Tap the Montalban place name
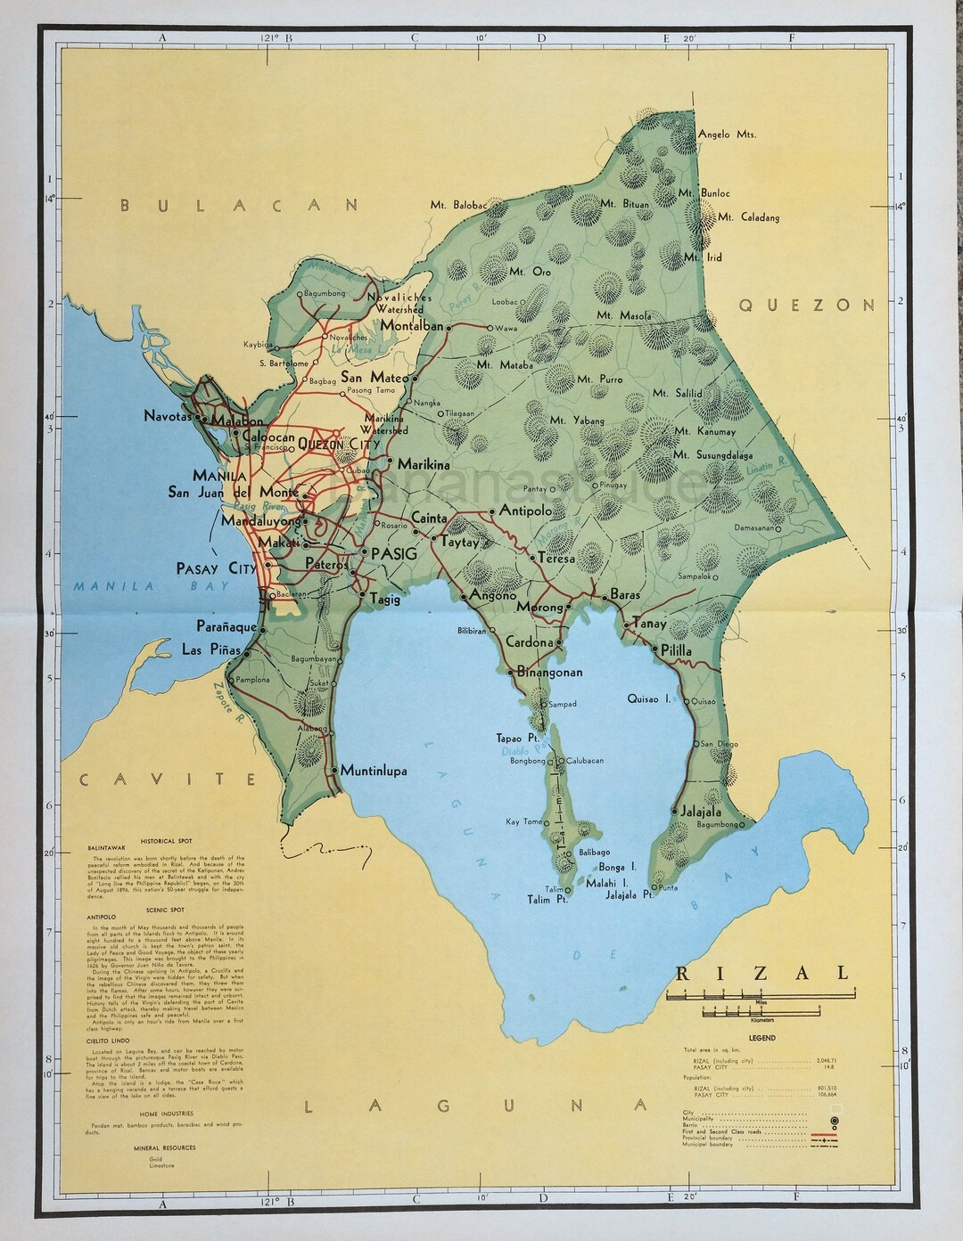411,326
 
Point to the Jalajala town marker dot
674,811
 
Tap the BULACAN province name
241,205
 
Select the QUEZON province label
807,305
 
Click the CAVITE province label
169,780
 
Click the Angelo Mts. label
726,135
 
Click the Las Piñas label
212,649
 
